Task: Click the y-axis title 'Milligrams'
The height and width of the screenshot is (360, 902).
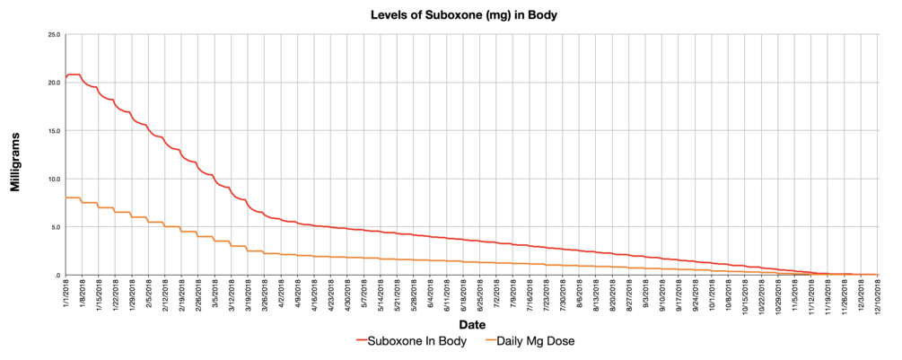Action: [x=15, y=154]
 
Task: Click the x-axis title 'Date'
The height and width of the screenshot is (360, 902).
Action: [x=471, y=324]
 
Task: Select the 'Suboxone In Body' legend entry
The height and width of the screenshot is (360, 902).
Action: [x=412, y=341]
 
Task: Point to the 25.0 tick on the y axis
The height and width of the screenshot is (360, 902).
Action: [x=53, y=34]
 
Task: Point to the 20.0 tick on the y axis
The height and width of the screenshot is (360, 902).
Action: [x=53, y=83]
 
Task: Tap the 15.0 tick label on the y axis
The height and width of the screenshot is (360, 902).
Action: [x=53, y=130]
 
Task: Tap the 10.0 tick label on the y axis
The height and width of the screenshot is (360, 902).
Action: [x=53, y=179]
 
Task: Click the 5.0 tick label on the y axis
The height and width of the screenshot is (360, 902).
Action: [x=55, y=226]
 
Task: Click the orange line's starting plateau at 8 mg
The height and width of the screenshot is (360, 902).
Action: [x=73, y=198]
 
